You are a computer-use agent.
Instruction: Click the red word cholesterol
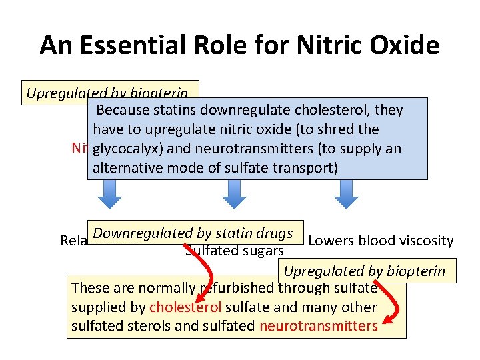(185, 307)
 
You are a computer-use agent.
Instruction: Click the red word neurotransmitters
(318, 326)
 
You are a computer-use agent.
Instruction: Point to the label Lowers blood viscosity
(381, 241)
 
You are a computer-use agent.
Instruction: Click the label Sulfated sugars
(235, 251)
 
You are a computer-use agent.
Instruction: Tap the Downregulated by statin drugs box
(193, 233)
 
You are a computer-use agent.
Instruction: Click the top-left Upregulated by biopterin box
(111, 93)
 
